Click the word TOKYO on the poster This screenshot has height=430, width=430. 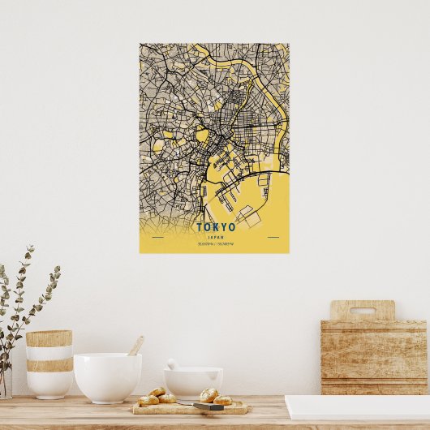(215, 227)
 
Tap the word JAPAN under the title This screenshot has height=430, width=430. (215, 236)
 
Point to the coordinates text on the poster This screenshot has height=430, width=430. (215, 243)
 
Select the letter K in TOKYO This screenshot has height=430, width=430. (215, 227)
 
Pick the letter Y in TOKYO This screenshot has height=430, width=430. (223, 227)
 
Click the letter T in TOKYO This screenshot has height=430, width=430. (200, 227)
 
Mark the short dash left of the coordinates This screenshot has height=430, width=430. (157, 238)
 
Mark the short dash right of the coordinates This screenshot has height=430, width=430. (273, 238)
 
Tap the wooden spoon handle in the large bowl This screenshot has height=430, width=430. (135, 346)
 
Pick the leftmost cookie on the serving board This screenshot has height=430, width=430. (148, 400)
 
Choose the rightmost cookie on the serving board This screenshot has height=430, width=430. (223, 400)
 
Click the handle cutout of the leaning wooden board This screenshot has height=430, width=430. (362, 310)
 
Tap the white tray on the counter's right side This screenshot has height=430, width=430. (357, 407)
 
